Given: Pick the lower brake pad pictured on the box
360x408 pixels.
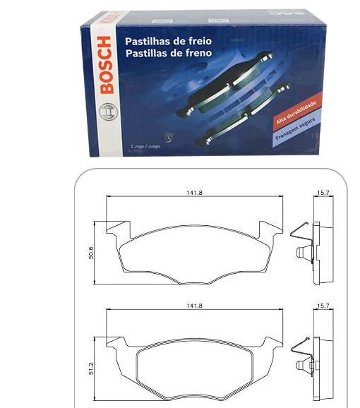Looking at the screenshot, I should pyautogui.click(x=244, y=113).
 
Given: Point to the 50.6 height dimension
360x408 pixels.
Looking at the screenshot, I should pyautogui.click(x=90, y=252).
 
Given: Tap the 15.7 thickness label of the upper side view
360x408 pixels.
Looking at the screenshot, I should pyautogui.click(x=323, y=193).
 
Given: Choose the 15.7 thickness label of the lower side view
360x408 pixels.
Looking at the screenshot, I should pyautogui.click(x=323, y=306).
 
